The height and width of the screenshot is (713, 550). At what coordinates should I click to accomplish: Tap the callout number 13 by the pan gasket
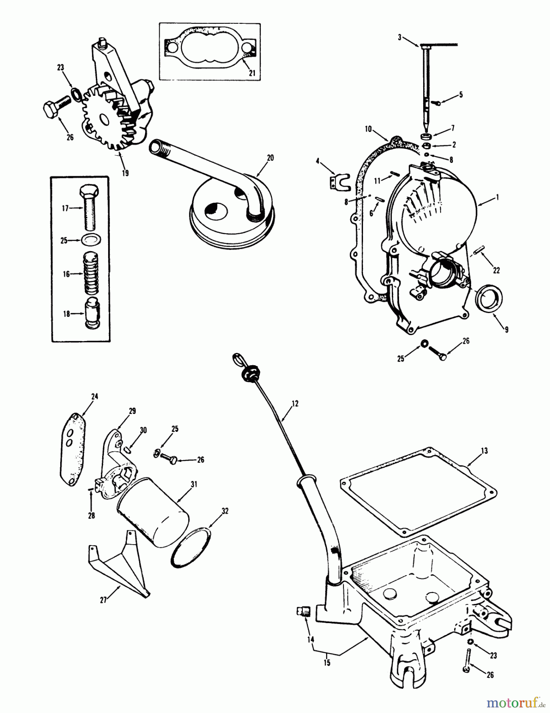pyautogui.click(x=484, y=451)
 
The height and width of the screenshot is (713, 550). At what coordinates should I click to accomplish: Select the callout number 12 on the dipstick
pyautogui.click(x=294, y=404)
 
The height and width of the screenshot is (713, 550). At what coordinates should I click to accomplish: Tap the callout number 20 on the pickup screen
pyautogui.click(x=270, y=158)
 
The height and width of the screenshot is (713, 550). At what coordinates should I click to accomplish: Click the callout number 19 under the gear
pyautogui.click(x=125, y=173)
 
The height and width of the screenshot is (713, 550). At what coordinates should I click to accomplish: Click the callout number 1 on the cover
pyautogui.click(x=497, y=197)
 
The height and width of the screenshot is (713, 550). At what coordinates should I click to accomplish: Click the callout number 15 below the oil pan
pyautogui.click(x=327, y=662)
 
